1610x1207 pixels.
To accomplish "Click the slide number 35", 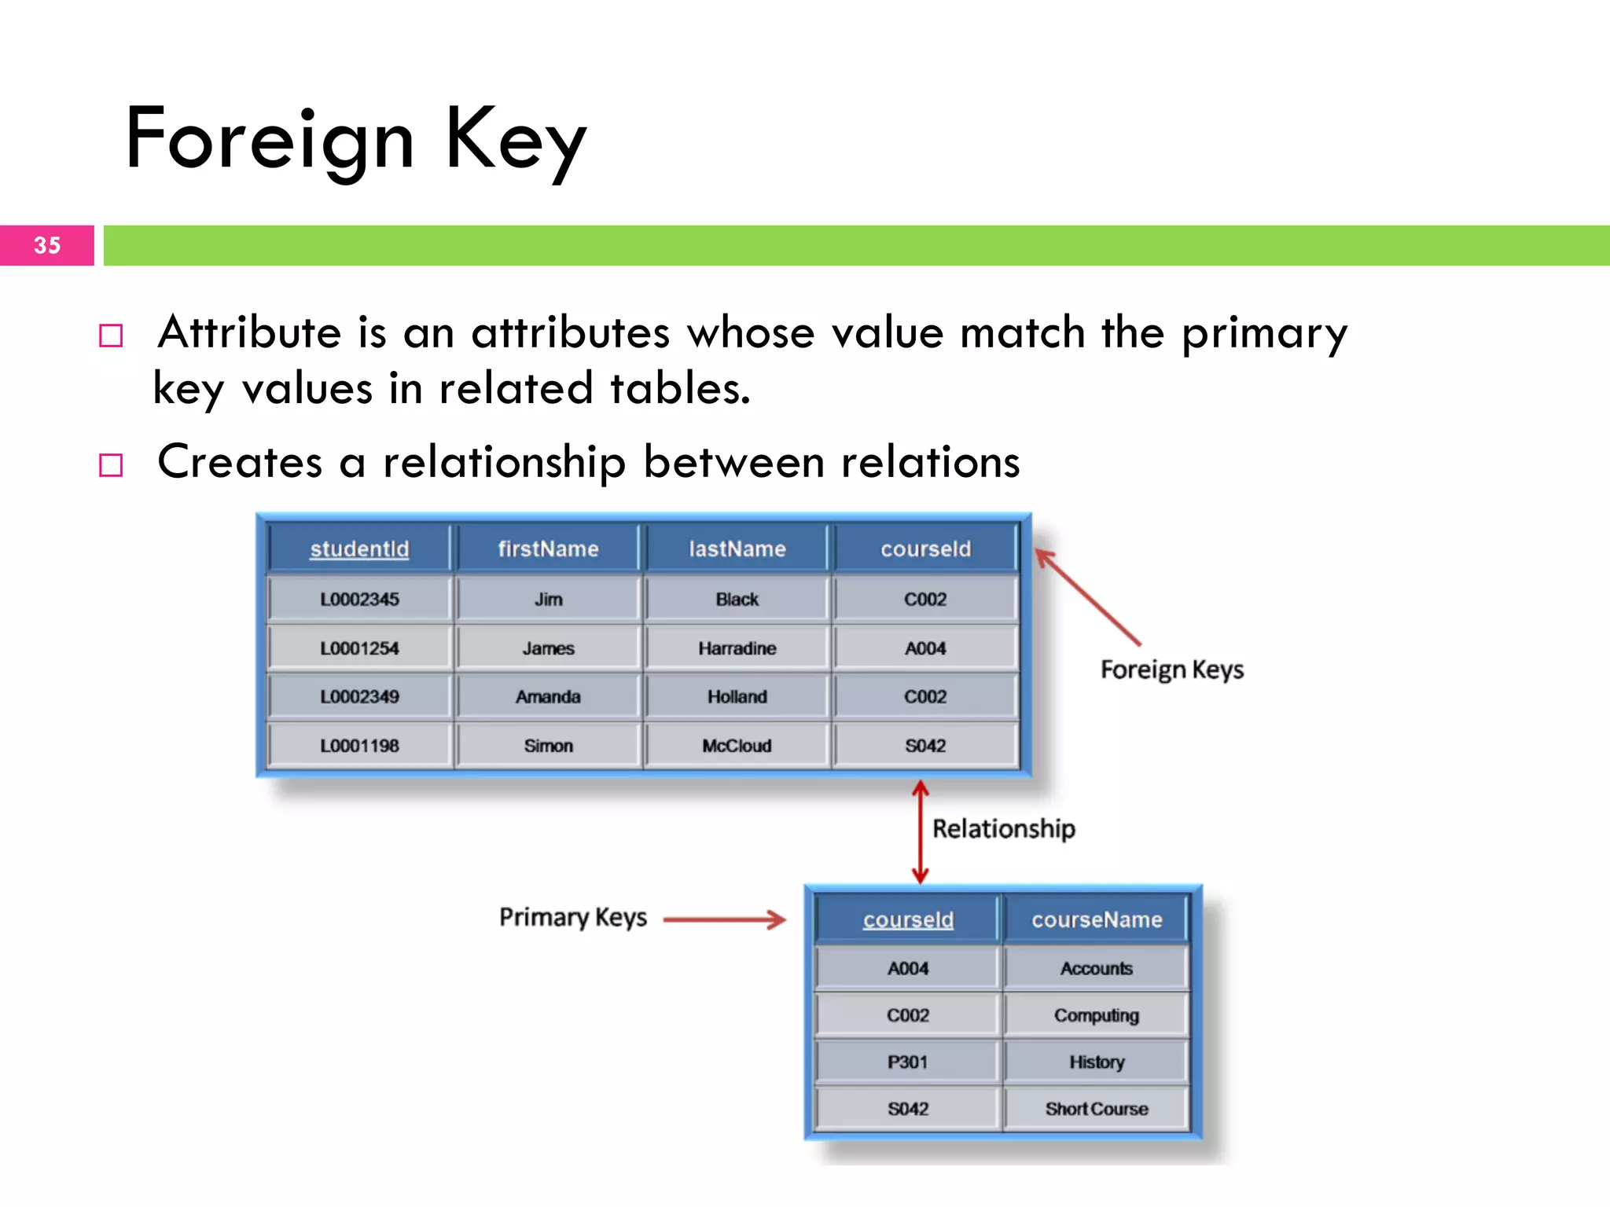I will [x=47, y=245].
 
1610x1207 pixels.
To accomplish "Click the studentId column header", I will [x=359, y=548].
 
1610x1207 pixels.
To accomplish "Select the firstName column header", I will [x=548, y=548].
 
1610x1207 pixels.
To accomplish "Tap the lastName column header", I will [x=737, y=548].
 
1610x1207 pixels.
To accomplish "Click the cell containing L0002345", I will [x=359, y=600].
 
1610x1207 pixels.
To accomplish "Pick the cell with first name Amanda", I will [x=548, y=697].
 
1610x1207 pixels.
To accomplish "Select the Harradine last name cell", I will [x=737, y=648].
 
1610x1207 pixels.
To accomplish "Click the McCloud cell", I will [x=737, y=746].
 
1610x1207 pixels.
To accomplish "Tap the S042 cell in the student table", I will [x=925, y=746].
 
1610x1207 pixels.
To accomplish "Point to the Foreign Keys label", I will [x=1171, y=670].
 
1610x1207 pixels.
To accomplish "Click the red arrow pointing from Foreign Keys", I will [x=1088, y=597].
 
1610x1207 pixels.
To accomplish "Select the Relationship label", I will [x=1003, y=829].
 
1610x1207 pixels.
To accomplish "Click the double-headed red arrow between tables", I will [x=920, y=831].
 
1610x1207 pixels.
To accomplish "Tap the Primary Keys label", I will [x=573, y=918].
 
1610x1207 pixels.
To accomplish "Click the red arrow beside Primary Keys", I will [x=724, y=919].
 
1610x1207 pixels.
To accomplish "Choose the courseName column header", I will [x=1097, y=919].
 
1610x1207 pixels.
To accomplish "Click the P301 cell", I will [x=908, y=1062].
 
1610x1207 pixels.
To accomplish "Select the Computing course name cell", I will [x=1097, y=1015].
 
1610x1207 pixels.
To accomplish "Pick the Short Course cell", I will [x=1097, y=1109].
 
